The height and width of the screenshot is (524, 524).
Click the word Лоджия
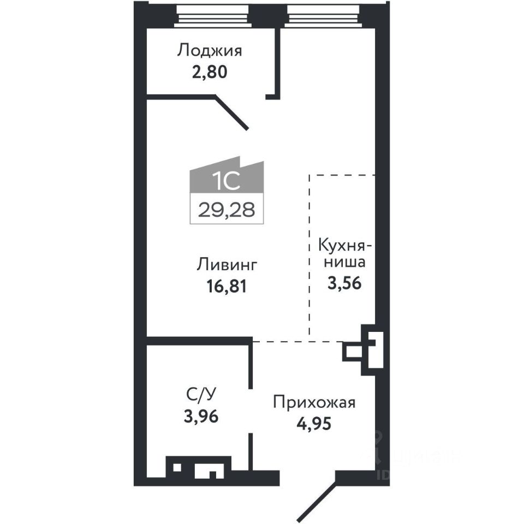(210, 51)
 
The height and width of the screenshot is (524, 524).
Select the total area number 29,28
(227, 210)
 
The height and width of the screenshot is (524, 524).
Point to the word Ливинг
(227, 265)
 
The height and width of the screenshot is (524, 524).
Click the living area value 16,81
(227, 285)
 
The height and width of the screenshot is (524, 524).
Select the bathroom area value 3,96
(201, 416)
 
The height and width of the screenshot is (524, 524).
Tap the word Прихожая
(314, 403)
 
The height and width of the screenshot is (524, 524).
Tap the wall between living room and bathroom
(199, 341)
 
